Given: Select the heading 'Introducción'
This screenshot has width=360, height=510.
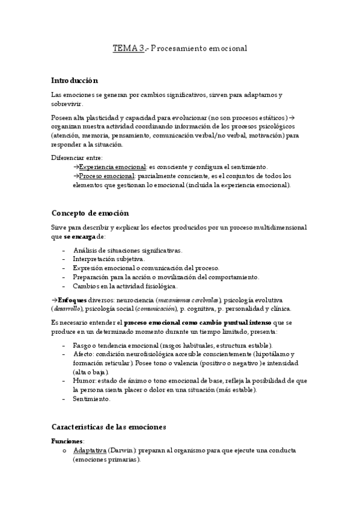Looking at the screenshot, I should coord(75,80).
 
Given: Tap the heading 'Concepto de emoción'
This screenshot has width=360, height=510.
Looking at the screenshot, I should coord(90,213).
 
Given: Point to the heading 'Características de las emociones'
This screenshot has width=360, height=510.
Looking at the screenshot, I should coord(108,426).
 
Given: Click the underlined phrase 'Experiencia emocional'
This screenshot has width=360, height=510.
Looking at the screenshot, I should coord(112,167).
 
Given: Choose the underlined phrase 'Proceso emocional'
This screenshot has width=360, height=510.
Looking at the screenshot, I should coord(106,176).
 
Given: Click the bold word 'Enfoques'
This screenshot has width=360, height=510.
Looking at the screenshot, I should coord(72,300).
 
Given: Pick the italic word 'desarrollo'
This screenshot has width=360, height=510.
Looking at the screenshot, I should coord(66,309).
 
